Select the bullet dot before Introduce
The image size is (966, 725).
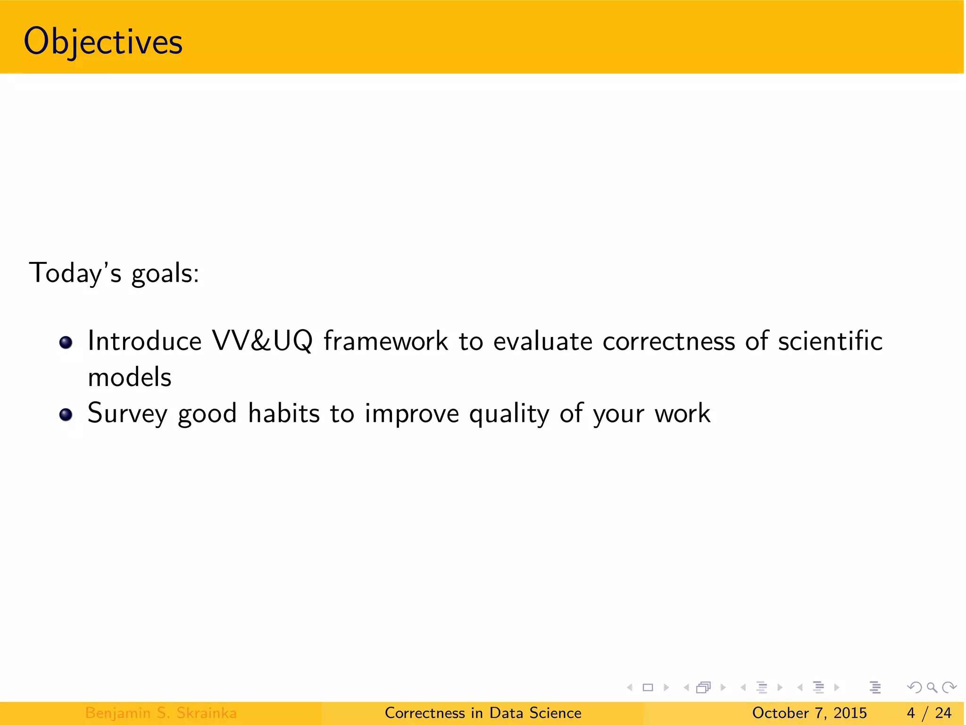(x=66, y=342)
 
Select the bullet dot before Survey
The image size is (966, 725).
(x=66, y=414)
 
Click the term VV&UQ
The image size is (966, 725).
(x=262, y=341)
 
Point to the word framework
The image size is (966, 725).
(x=385, y=341)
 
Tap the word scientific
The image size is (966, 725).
(x=830, y=341)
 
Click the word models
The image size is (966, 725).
(x=130, y=378)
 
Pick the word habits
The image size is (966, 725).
(x=284, y=413)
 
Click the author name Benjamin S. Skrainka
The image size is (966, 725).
(x=161, y=713)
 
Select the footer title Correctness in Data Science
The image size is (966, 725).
(x=483, y=713)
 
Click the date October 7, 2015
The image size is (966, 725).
(x=809, y=713)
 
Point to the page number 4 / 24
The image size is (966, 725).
(x=929, y=713)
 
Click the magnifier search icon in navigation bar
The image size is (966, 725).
(x=932, y=688)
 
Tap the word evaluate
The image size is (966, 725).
(x=542, y=341)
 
